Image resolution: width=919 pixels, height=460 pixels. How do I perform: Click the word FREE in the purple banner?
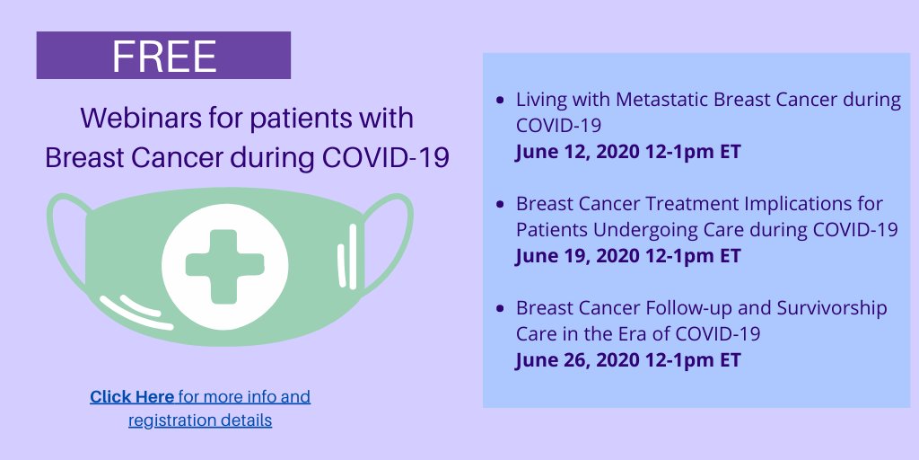[164, 56]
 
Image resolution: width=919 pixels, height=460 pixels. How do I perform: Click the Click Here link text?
[132, 396]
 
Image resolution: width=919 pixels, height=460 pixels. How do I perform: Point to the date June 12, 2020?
[578, 151]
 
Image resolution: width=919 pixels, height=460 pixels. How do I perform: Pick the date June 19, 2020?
[578, 255]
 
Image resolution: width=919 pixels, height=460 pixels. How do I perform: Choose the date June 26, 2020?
[578, 360]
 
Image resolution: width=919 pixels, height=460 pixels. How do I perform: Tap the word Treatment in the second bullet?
[683, 204]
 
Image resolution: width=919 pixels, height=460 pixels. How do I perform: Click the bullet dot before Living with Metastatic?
[500, 100]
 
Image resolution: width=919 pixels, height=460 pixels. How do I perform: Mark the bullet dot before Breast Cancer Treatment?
[500, 204]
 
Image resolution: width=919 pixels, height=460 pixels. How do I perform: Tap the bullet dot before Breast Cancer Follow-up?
[500, 308]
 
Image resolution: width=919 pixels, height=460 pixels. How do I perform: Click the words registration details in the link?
[200, 420]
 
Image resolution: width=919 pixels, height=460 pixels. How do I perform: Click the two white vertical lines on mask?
[347, 257]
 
